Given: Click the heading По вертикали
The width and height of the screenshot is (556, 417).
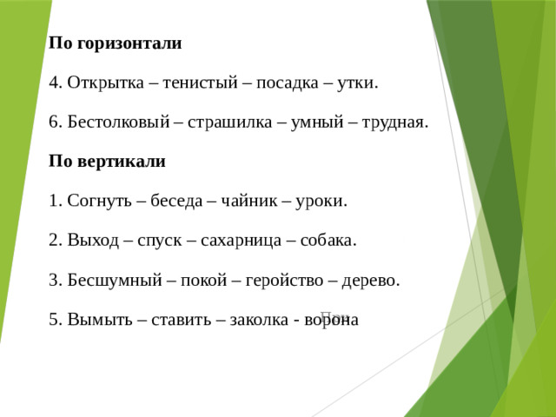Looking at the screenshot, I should point(107,162).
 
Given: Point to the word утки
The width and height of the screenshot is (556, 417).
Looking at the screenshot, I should point(357,83).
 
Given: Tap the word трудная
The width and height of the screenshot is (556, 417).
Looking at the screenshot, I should point(394,122).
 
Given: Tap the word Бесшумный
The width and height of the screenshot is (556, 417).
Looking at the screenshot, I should point(111,281).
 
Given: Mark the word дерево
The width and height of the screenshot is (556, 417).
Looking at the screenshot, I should point(371,281).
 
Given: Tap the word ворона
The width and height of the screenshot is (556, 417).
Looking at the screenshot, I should point(330,320).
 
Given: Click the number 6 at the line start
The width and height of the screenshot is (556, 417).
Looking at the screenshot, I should point(55,122).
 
